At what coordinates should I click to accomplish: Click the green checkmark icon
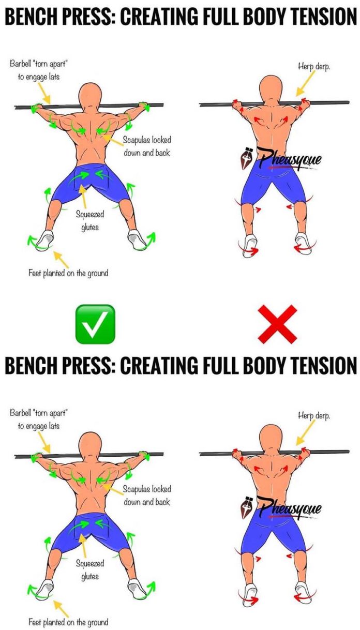(x=95, y=324)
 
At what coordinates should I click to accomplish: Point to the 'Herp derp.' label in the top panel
(x=314, y=67)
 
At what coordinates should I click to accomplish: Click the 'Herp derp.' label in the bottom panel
(x=314, y=415)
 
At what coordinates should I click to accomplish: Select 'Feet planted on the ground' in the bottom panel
(x=68, y=621)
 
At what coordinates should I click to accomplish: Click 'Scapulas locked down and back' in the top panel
(x=146, y=146)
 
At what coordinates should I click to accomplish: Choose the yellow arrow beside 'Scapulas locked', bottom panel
(x=110, y=486)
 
